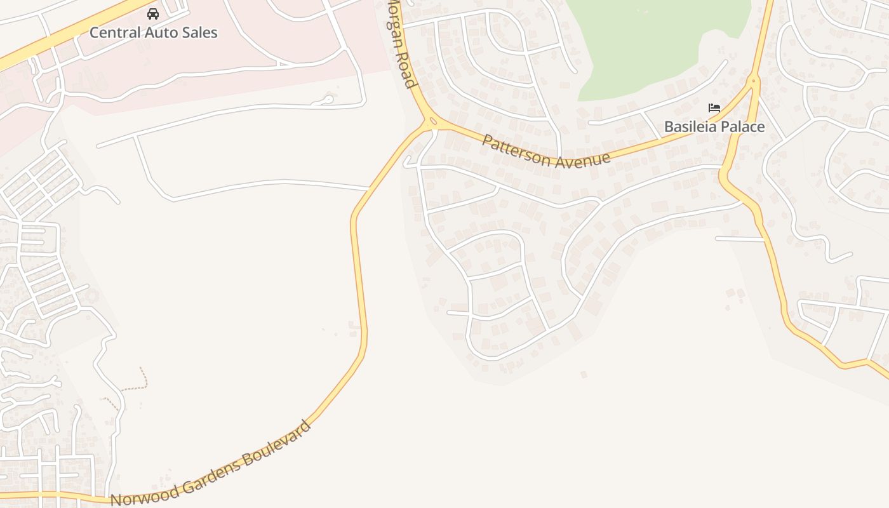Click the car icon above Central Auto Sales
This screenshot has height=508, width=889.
coord(153,13)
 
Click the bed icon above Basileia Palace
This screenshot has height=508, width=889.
coord(714,108)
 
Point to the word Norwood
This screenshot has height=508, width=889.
coord(145,493)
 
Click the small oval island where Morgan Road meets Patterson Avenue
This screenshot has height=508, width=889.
coord(432,121)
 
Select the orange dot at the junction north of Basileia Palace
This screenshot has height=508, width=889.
coord(754,81)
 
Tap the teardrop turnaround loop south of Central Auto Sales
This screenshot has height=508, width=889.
coord(327,98)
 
